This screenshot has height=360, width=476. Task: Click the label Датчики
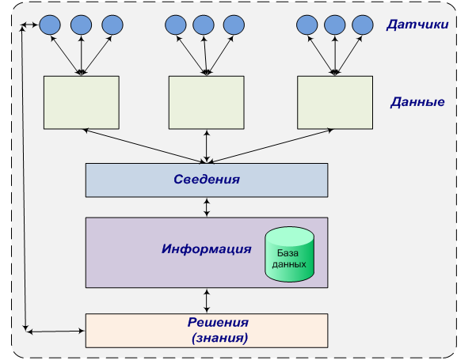click(417, 25)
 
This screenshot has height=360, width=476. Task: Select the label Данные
click(417, 102)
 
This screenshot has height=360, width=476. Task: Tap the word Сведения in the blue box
click(206, 180)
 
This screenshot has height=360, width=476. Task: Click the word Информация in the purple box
click(206, 248)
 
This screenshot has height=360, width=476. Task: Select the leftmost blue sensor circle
click(50, 25)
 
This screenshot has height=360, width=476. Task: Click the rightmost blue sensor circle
click(361, 25)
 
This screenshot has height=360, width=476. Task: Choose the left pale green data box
click(82, 103)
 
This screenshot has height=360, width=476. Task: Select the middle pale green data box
click(207, 103)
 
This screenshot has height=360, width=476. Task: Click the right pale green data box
click(335, 103)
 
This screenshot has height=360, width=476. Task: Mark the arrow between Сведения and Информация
click(207, 207)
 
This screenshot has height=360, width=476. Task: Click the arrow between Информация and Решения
click(207, 300)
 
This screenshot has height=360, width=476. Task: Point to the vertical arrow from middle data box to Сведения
click(207, 146)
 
